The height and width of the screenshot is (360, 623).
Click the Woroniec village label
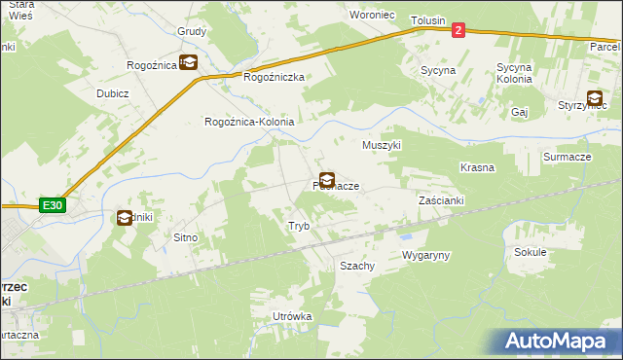(371, 15)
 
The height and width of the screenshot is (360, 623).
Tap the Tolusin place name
(427, 20)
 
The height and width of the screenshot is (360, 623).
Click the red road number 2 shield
(458, 30)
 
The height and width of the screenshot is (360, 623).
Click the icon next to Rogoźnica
(188, 63)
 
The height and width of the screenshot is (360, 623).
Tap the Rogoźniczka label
(275, 77)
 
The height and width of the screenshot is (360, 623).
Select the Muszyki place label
(382, 145)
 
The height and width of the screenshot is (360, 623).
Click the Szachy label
(356, 266)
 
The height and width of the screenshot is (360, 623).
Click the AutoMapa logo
(560, 342)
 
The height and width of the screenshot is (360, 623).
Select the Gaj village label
(519, 112)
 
